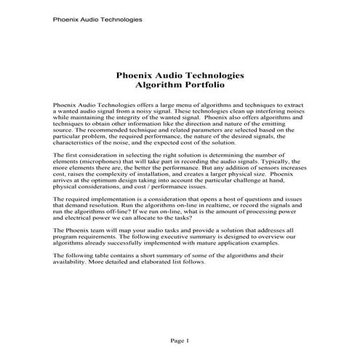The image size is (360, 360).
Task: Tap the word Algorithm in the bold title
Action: click(x=160, y=84)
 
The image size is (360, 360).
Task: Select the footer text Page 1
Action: click(x=179, y=340)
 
